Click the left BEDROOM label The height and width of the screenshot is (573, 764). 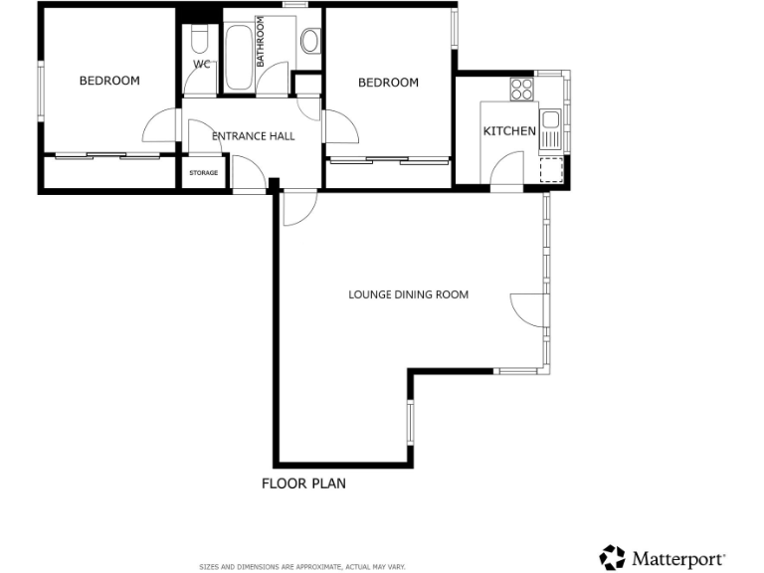pos(109,82)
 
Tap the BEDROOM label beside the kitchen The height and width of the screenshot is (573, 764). pos(388,83)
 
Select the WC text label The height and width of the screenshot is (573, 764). pos(202,65)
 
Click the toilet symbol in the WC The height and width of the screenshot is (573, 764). pos(199,41)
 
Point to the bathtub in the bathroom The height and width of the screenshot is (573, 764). pos(240,57)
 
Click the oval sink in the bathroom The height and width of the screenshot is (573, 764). pos(309,42)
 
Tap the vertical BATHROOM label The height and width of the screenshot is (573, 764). pos(261,42)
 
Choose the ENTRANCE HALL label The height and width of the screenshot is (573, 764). pos(254,136)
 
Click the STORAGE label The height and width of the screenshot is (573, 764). pos(204,173)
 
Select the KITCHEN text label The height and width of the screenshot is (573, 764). pos(509,131)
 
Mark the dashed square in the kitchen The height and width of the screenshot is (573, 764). pos(549,170)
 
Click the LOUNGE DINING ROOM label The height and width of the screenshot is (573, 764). pos(408,294)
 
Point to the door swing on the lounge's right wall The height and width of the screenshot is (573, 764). pos(526,310)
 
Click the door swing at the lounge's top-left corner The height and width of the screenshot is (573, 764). pos(298,209)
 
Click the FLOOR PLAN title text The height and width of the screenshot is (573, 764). pos(303,484)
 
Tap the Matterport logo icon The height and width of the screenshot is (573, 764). pos(613,557)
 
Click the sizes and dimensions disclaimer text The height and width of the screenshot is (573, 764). pos(302,566)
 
